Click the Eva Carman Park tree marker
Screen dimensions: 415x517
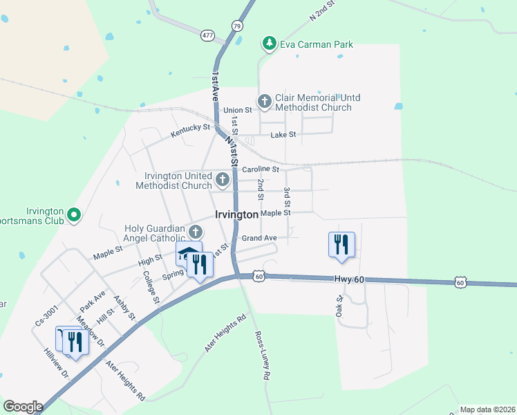pyautogui.click(x=268, y=44)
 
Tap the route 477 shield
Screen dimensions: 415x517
pyautogui.click(x=207, y=34)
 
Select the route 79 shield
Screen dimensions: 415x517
pyautogui.click(x=237, y=26)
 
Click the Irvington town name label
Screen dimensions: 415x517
pyautogui.click(x=237, y=215)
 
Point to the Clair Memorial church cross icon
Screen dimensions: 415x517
pyautogui.click(x=264, y=102)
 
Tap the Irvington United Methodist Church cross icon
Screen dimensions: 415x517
pyautogui.click(x=223, y=181)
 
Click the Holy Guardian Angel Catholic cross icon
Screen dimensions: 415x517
pyautogui.click(x=196, y=232)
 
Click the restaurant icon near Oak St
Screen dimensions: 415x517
pyautogui.click(x=341, y=245)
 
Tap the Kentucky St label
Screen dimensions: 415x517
pyautogui.click(x=191, y=128)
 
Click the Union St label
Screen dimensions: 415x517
pyautogui.click(x=237, y=111)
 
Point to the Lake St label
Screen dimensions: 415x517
pyautogui.click(x=283, y=135)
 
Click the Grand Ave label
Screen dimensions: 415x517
pyautogui.click(x=259, y=238)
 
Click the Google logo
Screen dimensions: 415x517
pyautogui.click(x=23, y=407)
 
